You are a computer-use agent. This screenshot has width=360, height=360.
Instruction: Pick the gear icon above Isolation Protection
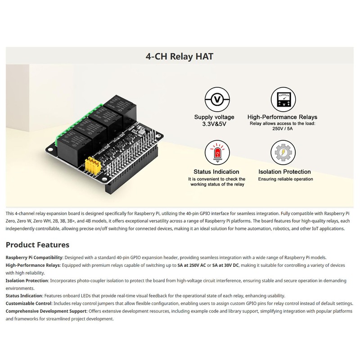[284, 153]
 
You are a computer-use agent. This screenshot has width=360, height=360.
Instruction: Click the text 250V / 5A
[283, 128]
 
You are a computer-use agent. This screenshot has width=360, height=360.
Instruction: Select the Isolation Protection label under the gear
[284, 171]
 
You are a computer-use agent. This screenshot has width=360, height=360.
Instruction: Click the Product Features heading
[37, 245]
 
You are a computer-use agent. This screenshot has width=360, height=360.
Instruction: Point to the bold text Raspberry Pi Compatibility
[34, 257]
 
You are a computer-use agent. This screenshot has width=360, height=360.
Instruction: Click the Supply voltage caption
[214, 117]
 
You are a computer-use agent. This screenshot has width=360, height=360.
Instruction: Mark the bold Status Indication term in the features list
[24, 296]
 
